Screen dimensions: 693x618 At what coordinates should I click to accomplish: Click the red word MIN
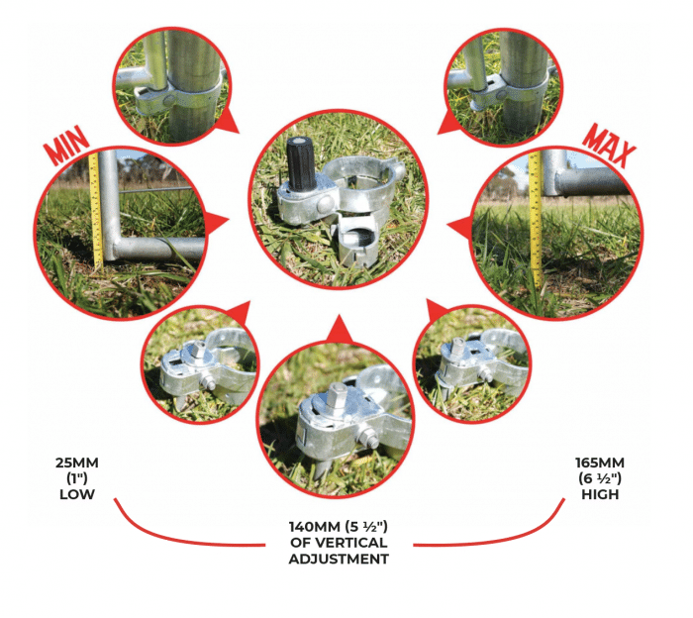pyautogui.click(x=66, y=145)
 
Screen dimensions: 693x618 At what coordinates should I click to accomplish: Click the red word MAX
pyautogui.click(x=609, y=146)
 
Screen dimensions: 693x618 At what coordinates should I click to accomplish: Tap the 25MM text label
pyautogui.click(x=77, y=463)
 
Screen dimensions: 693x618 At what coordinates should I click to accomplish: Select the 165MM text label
pyautogui.click(x=600, y=463)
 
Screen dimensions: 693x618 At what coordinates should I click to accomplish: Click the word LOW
pyautogui.click(x=77, y=494)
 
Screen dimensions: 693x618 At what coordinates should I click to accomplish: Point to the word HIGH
pyautogui.click(x=600, y=494)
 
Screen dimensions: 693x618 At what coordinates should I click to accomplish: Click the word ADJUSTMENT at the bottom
pyautogui.click(x=339, y=559)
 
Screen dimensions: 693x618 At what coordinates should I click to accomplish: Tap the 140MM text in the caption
pyautogui.click(x=315, y=527)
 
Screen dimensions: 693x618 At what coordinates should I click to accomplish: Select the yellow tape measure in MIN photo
pyautogui.click(x=95, y=211)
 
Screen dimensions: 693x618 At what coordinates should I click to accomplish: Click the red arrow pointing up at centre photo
pyautogui.click(x=340, y=330)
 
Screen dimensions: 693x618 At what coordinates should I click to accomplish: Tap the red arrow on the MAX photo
pyautogui.click(x=459, y=227)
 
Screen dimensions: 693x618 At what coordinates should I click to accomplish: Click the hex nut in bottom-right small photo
pyautogui.click(x=457, y=347)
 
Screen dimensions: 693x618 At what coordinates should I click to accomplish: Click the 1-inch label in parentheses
pyautogui.click(x=77, y=478)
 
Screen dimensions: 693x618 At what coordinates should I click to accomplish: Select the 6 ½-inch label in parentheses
pyautogui.click(x=600, y=478)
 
